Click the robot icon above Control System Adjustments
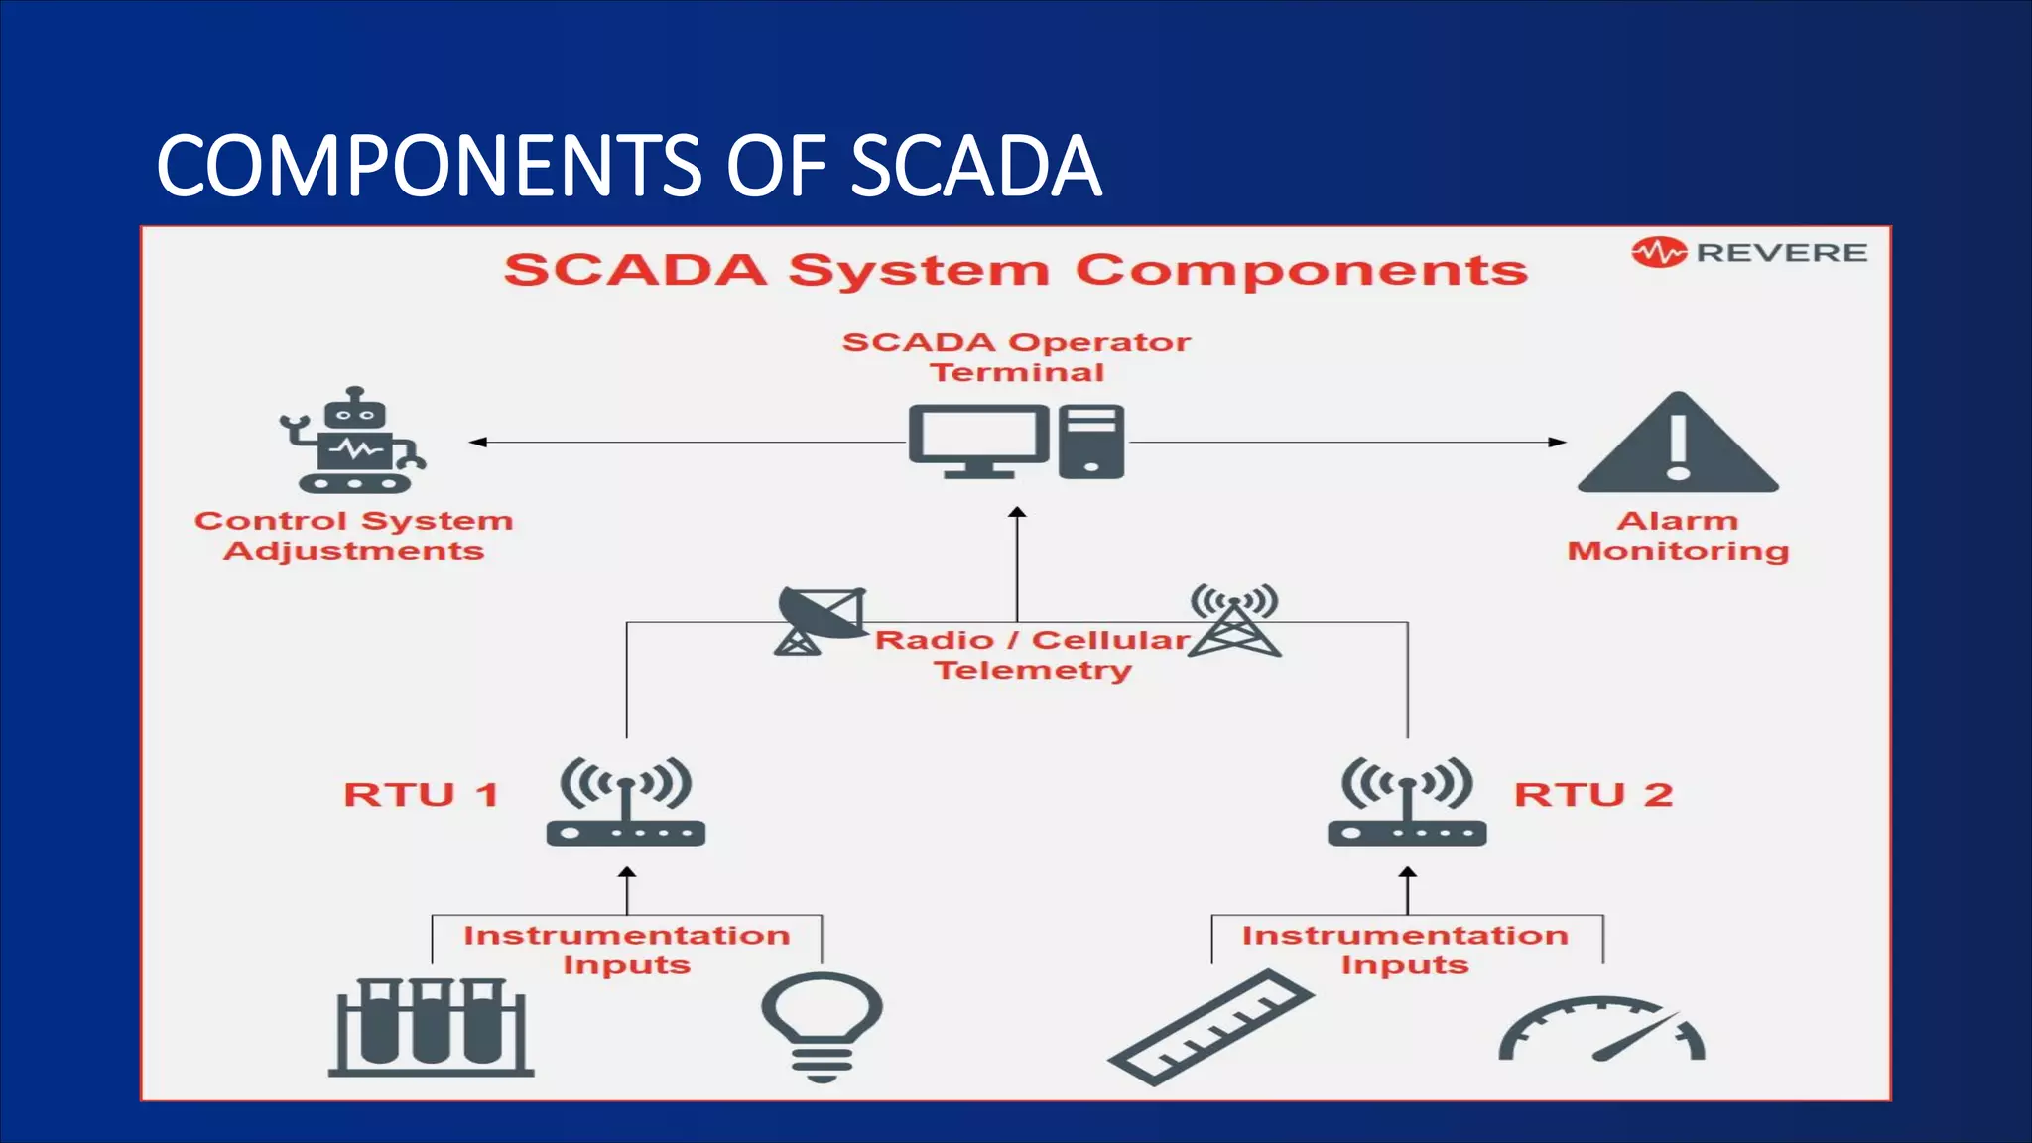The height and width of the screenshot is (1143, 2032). pos(353,442)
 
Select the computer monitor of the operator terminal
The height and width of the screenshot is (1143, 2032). pos(977,440)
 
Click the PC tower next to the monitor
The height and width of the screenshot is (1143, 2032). pos(1090,442)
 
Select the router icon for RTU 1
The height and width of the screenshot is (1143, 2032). pos(626,804)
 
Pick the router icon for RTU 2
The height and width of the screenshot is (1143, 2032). pos(1407,804)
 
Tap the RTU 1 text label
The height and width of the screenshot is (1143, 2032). pos(421,795)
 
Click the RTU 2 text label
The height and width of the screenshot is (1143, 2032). pos(1593,795)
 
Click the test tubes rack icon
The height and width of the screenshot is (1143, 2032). pos(431,1027)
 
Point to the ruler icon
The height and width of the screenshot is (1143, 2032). pos(1210,1028)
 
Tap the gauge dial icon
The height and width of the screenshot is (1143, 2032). pos(1601,1032)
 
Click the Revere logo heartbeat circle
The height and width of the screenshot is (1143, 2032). pos(1658,253)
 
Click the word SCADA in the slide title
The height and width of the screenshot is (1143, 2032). pos(975,167)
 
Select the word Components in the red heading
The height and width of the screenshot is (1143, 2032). pos(1301,271)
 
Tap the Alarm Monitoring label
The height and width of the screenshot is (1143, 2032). pos(1678,536)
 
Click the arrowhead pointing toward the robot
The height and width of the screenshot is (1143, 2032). pos(477,442)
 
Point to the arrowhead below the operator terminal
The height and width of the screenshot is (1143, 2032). pos(1017,513)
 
